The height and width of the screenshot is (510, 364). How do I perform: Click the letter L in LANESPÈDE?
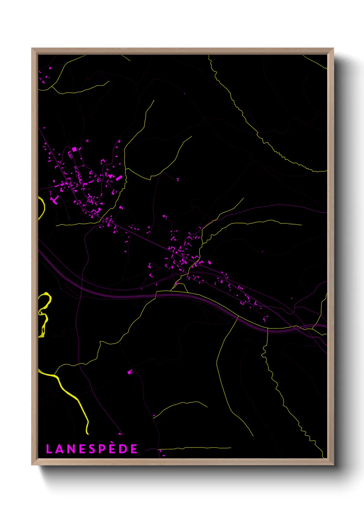click(49, 449)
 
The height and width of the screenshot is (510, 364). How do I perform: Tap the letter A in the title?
click(60, 449)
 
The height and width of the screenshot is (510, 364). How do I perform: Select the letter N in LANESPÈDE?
click(71, 449)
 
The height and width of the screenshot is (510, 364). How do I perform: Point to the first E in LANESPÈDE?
click(82, 449)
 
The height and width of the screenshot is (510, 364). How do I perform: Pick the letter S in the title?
click(92, 449)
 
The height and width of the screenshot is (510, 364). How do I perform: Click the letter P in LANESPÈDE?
click(102, 449)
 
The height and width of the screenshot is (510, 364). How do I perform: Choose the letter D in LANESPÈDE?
click(123, 449)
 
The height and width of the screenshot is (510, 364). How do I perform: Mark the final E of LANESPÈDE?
click(134, 449)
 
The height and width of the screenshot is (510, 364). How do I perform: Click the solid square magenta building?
click(74, 149)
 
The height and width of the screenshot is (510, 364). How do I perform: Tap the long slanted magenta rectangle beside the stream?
click(119, 178)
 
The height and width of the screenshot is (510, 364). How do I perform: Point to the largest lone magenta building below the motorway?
click(130, 372)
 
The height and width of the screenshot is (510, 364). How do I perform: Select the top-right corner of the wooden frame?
click(333, 49)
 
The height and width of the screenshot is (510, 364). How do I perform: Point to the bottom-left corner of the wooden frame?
click(32, 464)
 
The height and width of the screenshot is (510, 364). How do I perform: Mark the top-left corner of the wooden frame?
click(32, 49)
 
